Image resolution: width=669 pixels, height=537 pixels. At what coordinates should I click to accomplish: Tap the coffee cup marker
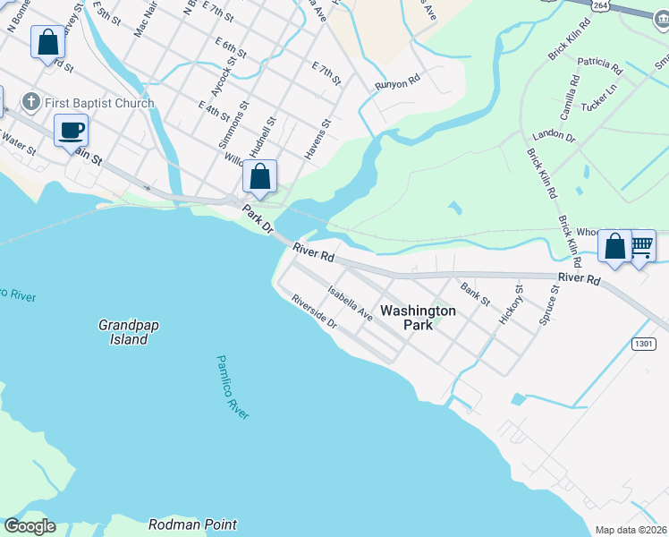pyautogui.click(x=71, y=132)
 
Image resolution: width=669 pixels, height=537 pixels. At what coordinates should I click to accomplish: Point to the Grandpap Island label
pyautogui.click(x=123, y=333)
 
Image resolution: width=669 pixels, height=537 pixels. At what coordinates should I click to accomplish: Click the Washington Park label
pyautogui.click(x=418, y=318)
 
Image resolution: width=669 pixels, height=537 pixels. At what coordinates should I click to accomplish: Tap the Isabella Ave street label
pyautogui.click(x=351, y=303)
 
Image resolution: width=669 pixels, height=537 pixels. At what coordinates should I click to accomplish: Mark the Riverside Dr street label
pyautogui.click(x=313, y=311)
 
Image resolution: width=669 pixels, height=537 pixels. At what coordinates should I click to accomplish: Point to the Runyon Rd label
pyautogui.click(x=397, y=81)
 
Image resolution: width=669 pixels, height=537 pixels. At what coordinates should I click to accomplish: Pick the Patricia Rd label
pyautogui.click(x=599, y=64)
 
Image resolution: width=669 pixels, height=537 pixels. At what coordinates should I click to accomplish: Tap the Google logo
pyautogui.click(x=30, y=526)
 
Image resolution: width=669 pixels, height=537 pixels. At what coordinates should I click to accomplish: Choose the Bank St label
pyautogui.click(x=475, y=293)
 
